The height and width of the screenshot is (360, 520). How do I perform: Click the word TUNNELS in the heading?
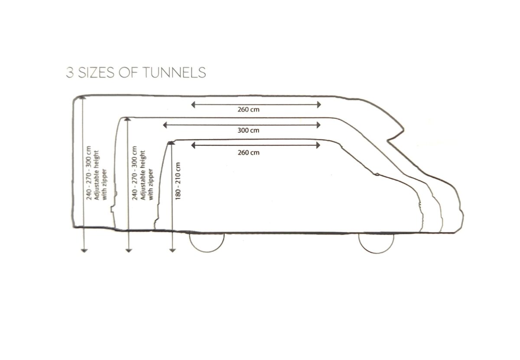pyautogui.click(x=175, y=72)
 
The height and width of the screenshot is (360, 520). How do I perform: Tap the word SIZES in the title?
pyautogui.click(x=96, y=72)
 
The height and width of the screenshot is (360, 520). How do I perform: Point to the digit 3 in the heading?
pyautogui.click(x=70, y=72)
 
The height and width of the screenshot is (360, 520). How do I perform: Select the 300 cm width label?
pyautogui.click(x=248, y=131)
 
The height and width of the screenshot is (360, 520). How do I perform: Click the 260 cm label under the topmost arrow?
pyautogui.click(x=248, y=109)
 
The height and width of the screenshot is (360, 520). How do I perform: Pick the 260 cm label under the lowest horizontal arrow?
pyautogui.click(x=248, y=153)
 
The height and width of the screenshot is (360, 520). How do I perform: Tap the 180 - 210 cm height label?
pyautogui.click(x=178, y=181)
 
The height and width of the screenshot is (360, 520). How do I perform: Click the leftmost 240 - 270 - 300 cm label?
pyautogui.click(x=89, y=173)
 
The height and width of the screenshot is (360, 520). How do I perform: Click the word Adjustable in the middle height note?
pyautogui.click(x=143, y=189)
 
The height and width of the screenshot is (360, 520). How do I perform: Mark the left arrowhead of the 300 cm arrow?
pyautogui.click(x=165, y=125)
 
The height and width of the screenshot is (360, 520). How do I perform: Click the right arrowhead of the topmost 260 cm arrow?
pyautogui.click(x=319, y=105)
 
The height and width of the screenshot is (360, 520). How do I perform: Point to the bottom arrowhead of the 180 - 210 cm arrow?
pyautogui.click(x=172, y=251)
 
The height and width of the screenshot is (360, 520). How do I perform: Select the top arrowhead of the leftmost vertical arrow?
pyautogui.click(x=83, y=98)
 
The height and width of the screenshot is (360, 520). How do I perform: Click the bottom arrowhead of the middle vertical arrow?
pyautogui.click(x=129, y=251)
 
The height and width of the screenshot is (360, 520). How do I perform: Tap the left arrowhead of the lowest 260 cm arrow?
pyautogui.click(x=193, y=145)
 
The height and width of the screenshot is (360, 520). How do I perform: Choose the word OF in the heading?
pyautogui.click(x=128, y=72)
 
